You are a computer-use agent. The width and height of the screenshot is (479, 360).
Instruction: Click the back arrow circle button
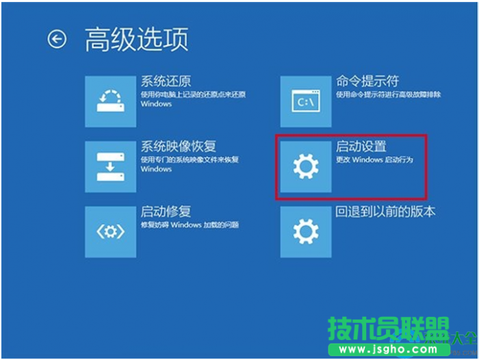[x=57, y=39]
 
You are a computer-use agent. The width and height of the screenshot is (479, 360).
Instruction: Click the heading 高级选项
[x=136, y=39]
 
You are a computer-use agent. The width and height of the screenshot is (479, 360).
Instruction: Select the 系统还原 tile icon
[x=111, y=101]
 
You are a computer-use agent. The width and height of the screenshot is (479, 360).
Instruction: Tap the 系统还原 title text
[x=166, y=81]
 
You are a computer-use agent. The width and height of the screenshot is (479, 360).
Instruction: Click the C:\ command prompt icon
[x=306, y=101]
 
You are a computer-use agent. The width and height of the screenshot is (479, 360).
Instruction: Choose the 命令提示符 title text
[x=367, y=81]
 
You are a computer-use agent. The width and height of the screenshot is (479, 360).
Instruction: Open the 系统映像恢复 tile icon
[x=111, y=166]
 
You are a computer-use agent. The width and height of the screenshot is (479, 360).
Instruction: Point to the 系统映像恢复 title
[x=179, y=146]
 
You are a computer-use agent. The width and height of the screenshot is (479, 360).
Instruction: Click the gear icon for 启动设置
[x=306, y=166]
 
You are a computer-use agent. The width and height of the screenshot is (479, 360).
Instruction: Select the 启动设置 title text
[x=361, y=146]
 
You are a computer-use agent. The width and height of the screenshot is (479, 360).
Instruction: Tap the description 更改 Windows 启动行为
[x=374, y=160]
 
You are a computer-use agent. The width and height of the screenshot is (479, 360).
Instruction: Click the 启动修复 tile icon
[x=111, y=231]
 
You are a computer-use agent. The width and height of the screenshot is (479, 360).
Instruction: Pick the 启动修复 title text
[x=166, y=211]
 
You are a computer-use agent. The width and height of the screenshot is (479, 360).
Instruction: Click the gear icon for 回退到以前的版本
[x=306, y=231]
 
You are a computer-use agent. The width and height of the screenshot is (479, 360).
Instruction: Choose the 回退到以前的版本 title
[x=385, y=211]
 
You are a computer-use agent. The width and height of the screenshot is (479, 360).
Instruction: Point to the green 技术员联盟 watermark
[x=389, y=329]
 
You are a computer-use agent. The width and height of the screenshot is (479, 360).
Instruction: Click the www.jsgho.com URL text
[x=388, y=349]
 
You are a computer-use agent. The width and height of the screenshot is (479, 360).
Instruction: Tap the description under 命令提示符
[x=388, y=94]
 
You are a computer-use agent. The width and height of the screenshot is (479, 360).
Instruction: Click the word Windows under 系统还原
[x=156, y=104]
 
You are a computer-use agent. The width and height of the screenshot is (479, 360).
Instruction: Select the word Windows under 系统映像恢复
[x=156, y=169]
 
